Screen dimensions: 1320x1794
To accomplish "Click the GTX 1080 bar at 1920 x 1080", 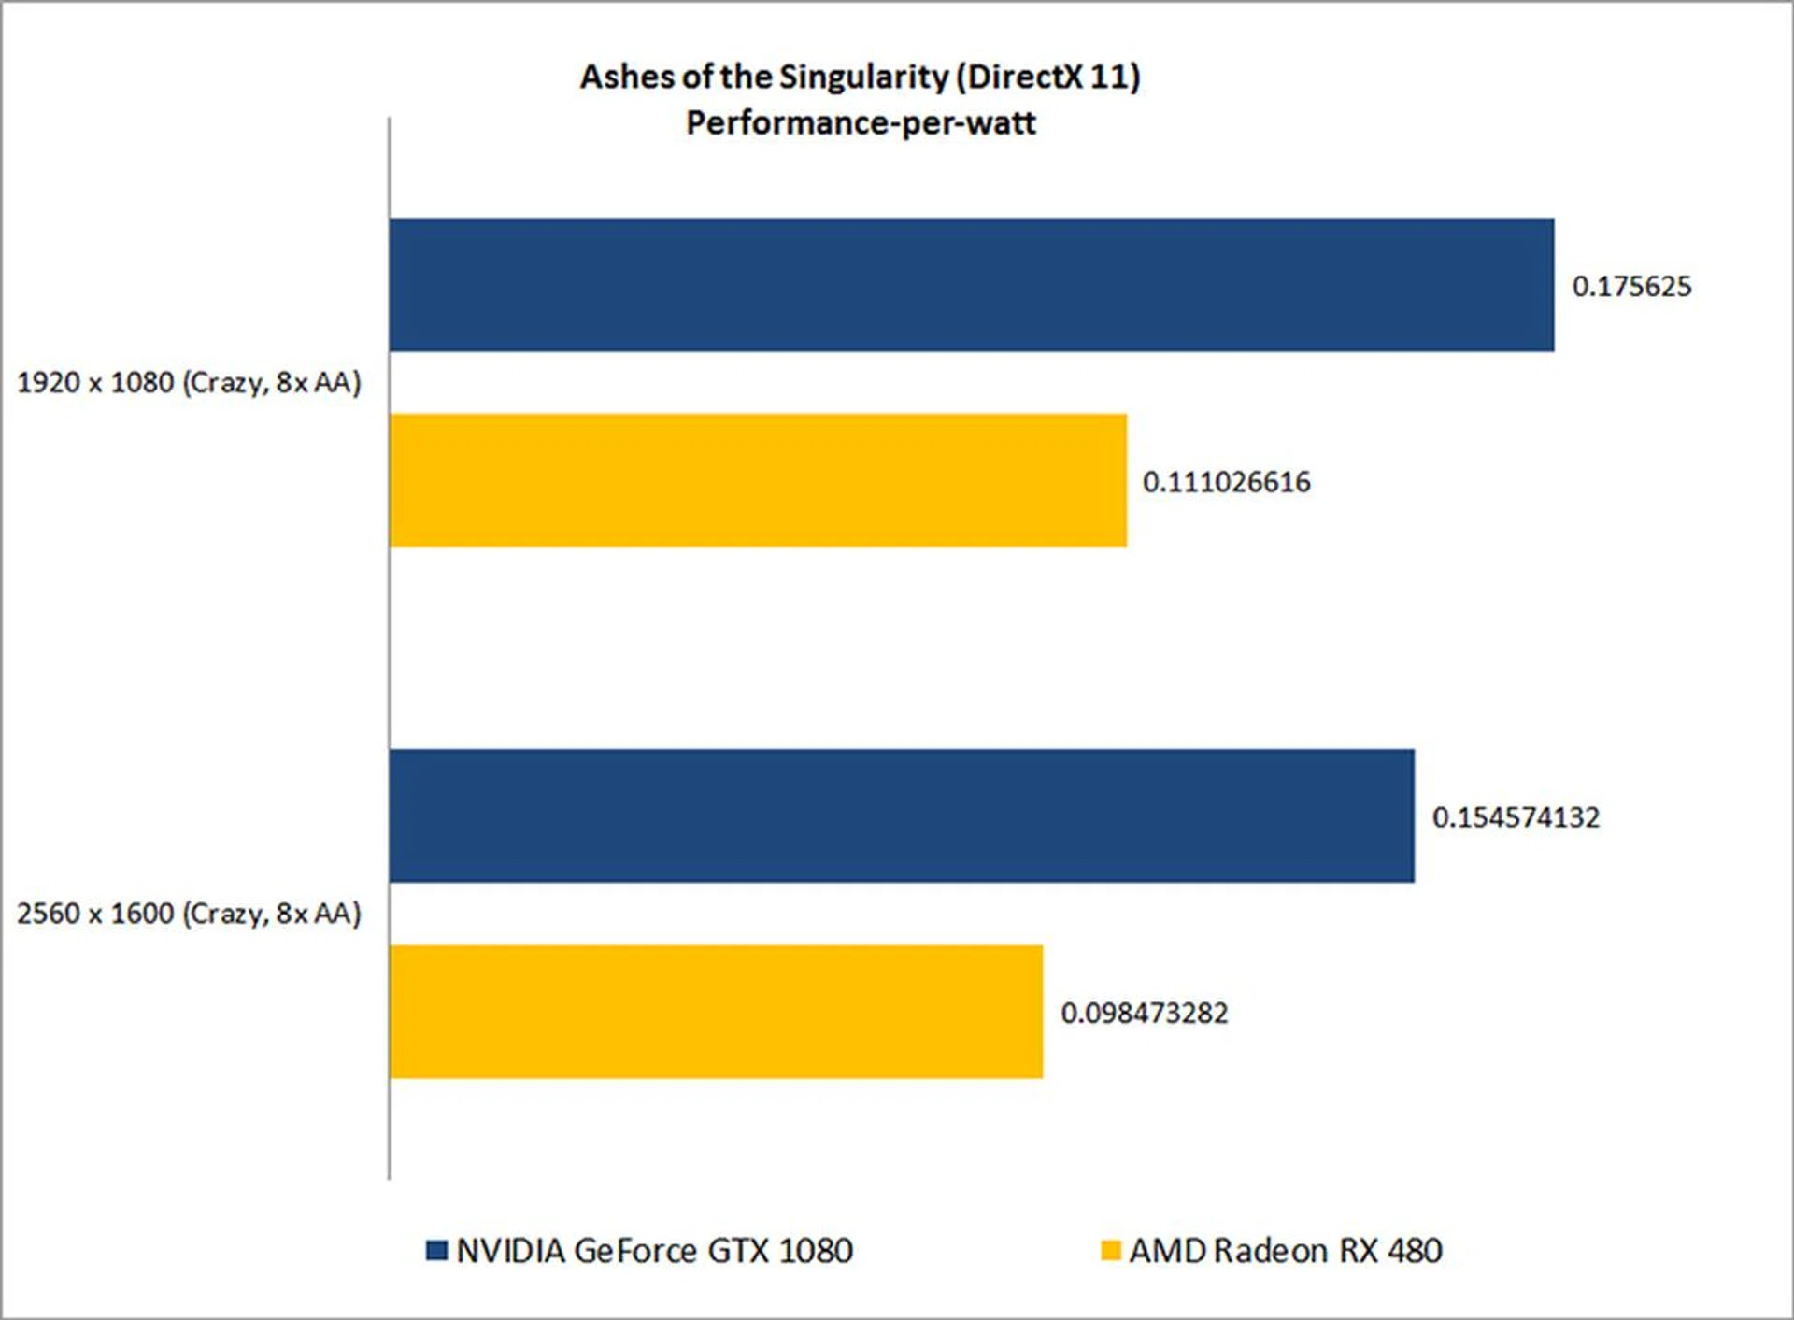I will (972, 285).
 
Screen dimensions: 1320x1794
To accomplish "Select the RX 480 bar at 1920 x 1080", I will (758, 480).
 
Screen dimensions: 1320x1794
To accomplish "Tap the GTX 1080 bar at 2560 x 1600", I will (902, 816).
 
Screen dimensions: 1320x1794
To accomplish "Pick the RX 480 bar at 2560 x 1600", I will (716, 1012).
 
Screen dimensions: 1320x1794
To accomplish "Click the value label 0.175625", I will (1631, 286).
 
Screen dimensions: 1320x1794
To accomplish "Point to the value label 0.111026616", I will (1226, 482).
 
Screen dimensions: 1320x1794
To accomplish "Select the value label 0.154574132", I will (1516, 817).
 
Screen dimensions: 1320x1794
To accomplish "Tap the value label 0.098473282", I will (1144, 1013).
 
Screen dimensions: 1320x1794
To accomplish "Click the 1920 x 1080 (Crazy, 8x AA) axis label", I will (189, 383).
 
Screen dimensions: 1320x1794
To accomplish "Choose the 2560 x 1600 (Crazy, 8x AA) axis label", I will (189, 914).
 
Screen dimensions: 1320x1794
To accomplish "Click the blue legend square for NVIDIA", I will (436, 1250).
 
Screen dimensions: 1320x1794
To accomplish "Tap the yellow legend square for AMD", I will (1111, 1250).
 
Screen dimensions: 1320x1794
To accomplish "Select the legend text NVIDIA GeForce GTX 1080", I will (654, 1251).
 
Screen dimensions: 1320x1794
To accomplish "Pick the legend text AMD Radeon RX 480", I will (1285, 1251).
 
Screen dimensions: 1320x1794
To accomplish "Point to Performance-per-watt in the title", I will (861, 122).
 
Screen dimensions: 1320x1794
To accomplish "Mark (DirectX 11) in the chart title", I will (1047, 77).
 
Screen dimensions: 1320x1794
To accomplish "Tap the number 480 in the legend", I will (1415, 1251).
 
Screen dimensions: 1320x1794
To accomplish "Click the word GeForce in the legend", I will (635, 1251).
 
